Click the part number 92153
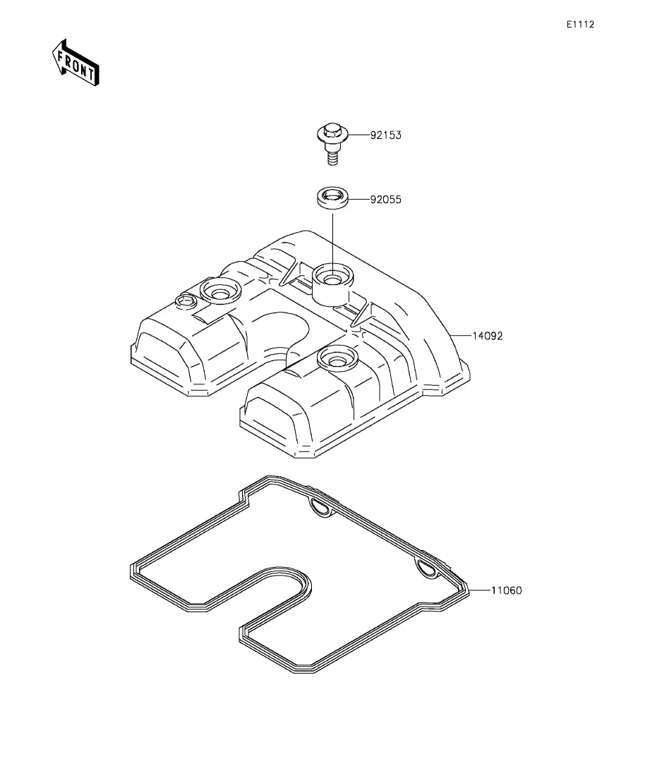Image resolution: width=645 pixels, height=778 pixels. pos(385,135)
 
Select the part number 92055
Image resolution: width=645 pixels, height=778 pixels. pos(385,200)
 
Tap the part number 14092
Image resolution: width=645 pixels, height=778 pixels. pos(487,336)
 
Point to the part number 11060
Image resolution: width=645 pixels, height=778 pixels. pos(507,590)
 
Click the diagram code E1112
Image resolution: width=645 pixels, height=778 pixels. pos(581,24)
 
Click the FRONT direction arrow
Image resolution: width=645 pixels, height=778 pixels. pos(76,63)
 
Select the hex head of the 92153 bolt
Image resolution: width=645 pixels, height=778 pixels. pos(332,133)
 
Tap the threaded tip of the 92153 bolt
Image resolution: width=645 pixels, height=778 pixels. pos(332,158)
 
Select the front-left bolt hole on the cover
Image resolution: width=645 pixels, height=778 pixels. pos(220,292)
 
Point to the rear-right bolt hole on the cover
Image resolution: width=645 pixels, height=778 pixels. pos(337,357)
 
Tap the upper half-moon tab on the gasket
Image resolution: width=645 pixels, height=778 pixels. pos(322,508)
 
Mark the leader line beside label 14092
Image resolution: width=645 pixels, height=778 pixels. pos(460,336)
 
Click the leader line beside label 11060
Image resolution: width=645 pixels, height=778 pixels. pos(479,590)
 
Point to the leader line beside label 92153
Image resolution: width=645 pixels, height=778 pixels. pos(358,135)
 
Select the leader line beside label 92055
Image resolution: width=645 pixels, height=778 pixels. pos(358,200)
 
